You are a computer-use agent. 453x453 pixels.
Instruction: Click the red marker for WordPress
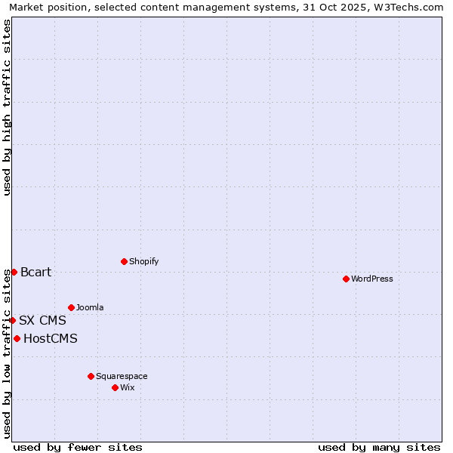point(346,279)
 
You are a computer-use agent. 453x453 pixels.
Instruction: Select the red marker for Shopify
point(124,261)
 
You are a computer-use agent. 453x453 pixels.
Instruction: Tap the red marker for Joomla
point(71,307)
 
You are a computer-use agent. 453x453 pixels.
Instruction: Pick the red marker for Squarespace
point(91,376)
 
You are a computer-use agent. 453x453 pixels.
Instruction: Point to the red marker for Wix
point(115,387)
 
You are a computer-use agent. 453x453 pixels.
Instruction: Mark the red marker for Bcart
point(14,272)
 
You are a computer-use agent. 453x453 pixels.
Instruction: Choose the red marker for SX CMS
point(12,320)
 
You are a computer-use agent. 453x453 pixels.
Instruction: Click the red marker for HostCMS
point(17,338)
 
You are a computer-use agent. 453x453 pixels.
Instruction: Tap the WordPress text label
point(372,279)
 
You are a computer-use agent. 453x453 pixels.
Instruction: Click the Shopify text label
point(144,261)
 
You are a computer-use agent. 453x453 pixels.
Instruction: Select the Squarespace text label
point(122,376)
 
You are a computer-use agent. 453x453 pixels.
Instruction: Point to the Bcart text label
point(36,272)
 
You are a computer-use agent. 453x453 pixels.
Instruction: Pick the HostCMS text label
point(51,338)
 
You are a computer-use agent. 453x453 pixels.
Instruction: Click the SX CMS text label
point(43,320)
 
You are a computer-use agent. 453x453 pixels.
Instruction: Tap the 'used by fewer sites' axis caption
point(78,447)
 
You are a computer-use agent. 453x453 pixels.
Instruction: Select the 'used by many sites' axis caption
point(379,447)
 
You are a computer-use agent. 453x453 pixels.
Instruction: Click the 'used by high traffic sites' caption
point(7,107)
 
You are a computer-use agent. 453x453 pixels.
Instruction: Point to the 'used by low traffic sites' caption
point(7,353)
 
